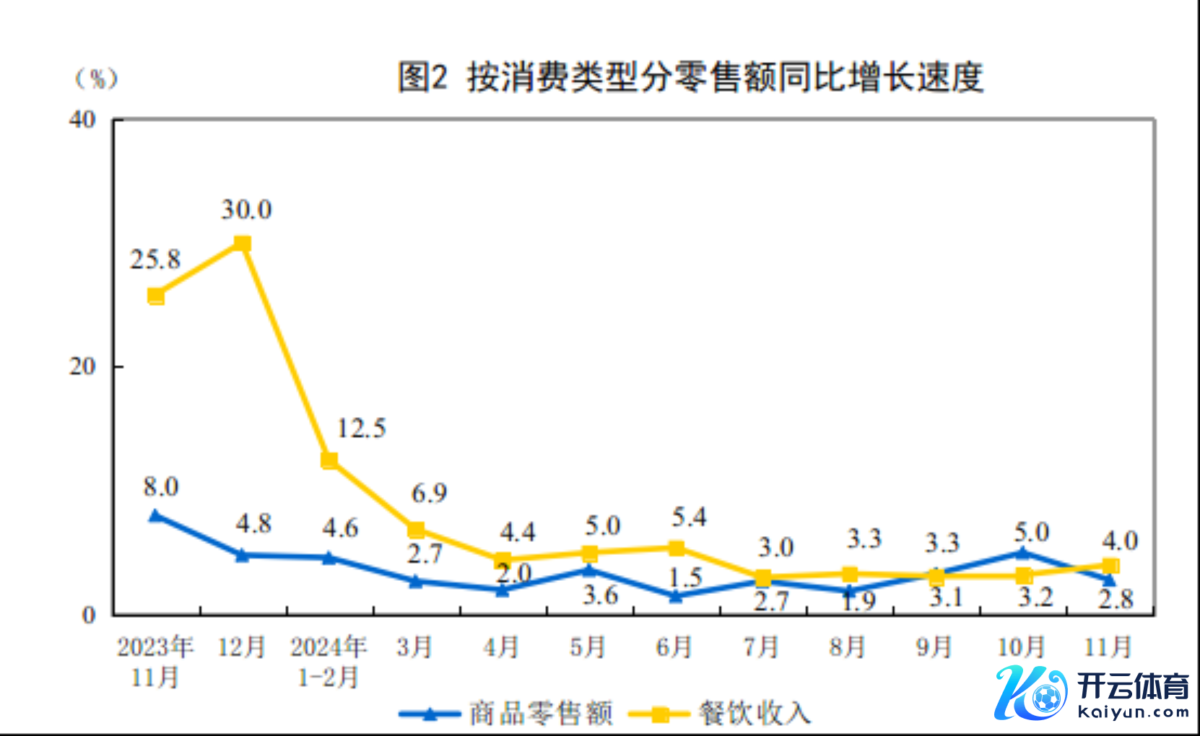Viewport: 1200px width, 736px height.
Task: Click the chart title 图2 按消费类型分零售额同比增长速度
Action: [690, 77]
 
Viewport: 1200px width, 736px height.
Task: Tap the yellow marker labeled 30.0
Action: [243, 244]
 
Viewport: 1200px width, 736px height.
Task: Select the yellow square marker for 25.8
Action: [156, 296]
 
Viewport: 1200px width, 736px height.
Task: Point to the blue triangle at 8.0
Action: [155, 516]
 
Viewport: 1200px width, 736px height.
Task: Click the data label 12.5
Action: [362, 429]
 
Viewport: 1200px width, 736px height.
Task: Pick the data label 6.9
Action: [429, 494]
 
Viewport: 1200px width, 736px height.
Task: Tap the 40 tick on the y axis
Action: [82, 119]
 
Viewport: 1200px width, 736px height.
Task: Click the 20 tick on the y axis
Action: [82, 367]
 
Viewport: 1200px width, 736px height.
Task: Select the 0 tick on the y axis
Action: [89, 615]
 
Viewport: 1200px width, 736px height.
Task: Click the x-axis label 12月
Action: [242, 647]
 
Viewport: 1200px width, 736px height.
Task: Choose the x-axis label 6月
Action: [674, 647]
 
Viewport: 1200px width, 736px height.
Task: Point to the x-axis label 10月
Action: [1021, 647]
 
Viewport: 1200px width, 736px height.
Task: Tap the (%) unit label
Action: [97, 78]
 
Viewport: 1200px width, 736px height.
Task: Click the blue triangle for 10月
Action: [1022, 553]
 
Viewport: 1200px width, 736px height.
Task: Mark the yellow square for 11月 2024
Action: [1110, 566]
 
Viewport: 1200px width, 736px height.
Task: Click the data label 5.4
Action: [689, 517]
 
